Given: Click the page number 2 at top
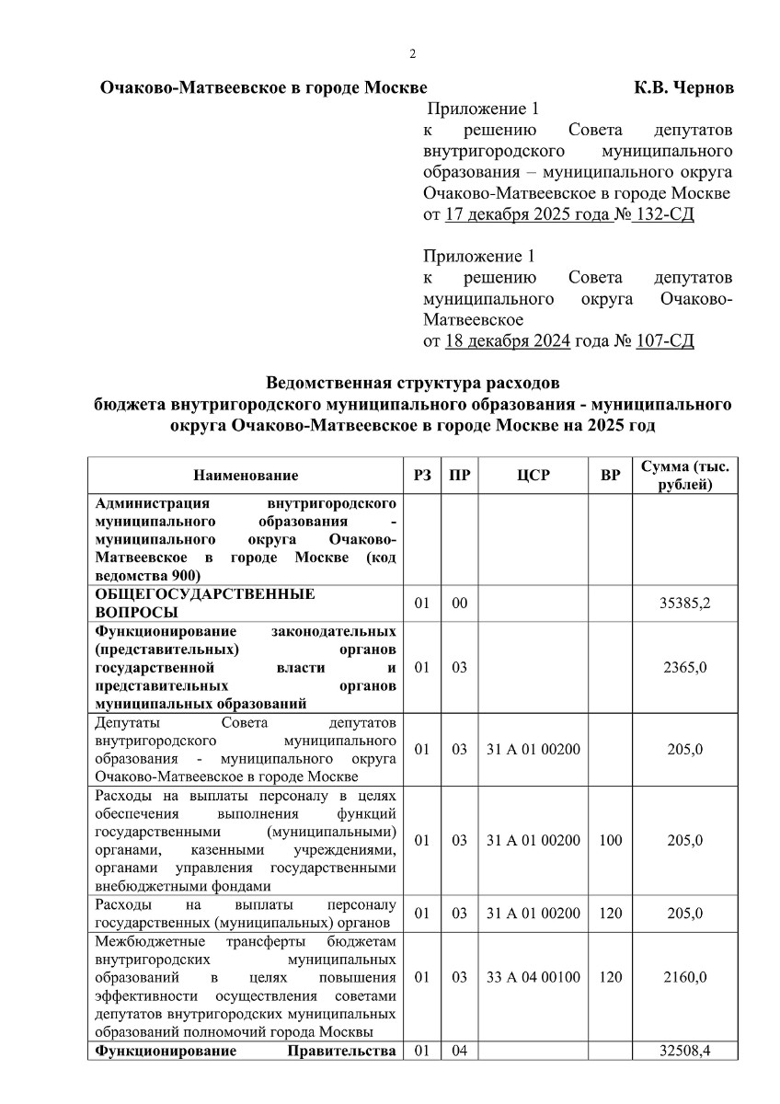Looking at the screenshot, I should (413, 53).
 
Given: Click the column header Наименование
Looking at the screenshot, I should (246, 476).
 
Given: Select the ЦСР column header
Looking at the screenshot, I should (533, 476).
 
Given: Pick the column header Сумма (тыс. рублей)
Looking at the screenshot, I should (685, 476).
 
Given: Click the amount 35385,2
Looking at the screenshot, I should (686, 604).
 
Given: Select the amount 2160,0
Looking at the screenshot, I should (685, 977).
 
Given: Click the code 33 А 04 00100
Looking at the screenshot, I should (533, 977).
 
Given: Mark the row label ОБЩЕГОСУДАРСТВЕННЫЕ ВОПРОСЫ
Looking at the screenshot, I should (204, 604).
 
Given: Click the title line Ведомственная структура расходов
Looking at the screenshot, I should (412, 382).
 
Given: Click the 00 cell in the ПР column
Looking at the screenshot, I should (460, 604).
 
